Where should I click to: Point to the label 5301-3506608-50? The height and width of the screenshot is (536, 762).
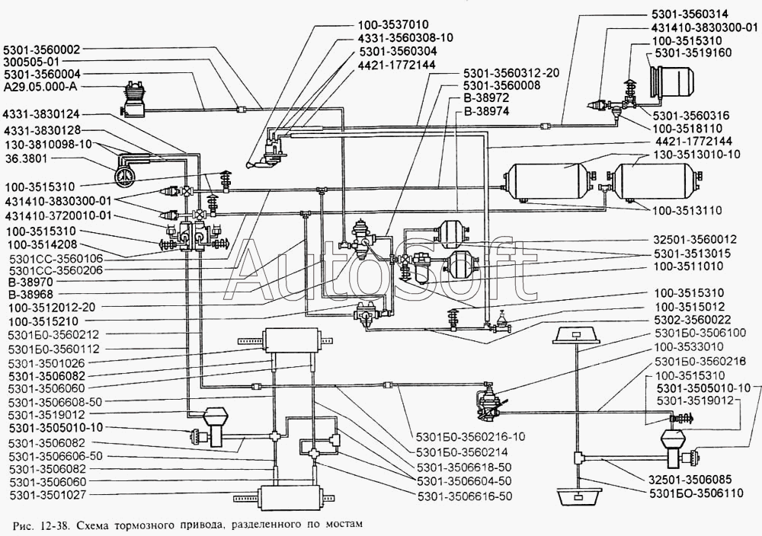[57, 400]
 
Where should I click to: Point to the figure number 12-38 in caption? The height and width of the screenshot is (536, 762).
[49, 525]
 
